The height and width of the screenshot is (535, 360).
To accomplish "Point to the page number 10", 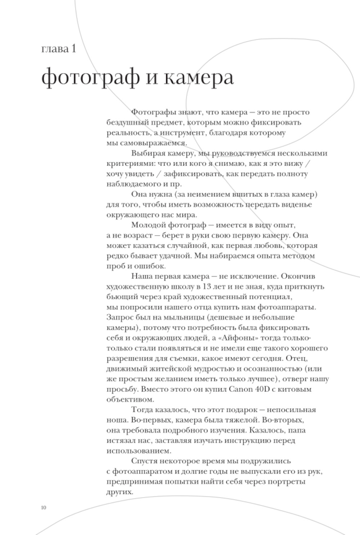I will [44, 508].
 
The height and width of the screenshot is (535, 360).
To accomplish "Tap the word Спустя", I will [144, 461].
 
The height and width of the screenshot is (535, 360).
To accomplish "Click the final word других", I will [120, 491].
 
